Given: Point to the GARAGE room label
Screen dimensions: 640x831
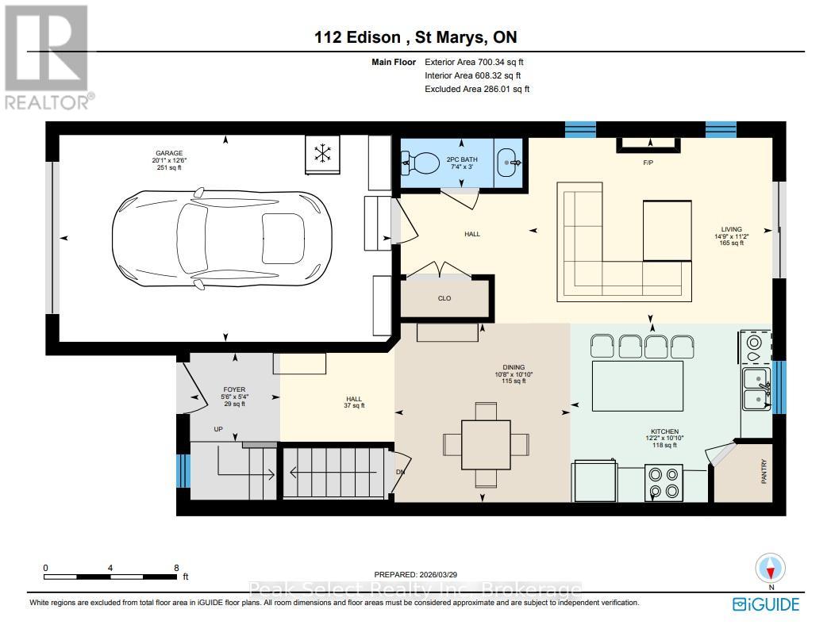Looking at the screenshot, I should tap(167, 153).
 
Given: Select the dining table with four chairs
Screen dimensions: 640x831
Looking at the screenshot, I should tap(485, 444).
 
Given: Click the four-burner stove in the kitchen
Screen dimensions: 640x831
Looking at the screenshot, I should tap(664, 483).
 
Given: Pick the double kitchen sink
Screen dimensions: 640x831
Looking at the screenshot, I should tap(756, 388).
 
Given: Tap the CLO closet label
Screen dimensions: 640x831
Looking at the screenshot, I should tap(444, 298).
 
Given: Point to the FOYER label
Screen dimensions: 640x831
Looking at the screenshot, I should tap(233, 389).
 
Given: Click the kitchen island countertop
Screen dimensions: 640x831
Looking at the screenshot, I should tap(636, 385).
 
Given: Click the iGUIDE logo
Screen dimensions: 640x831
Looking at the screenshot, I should tap(765, 604).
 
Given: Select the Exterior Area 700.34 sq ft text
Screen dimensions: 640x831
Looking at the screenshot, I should tap(475, 62).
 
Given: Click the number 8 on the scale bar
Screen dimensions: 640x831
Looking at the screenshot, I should tap(175, 568).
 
